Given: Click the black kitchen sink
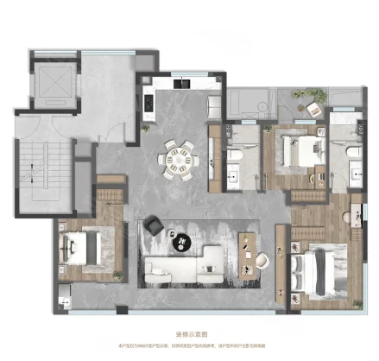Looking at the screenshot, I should (x=183, y=85).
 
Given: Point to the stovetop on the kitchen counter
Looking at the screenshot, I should (x=147, y=106).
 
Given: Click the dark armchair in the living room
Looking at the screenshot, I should (x=155, y=224).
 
